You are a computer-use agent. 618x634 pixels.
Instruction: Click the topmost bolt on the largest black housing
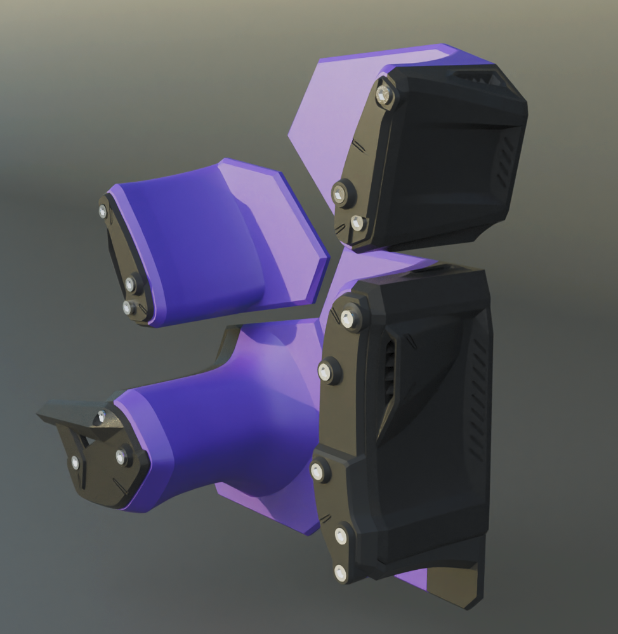(348, 318)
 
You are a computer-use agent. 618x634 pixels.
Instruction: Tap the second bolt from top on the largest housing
(326, 372)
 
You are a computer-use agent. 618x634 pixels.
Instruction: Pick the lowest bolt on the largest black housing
(341, 574)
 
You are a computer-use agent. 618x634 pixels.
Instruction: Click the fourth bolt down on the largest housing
(342, 537)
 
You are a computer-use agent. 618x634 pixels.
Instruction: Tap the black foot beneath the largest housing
(454, 584)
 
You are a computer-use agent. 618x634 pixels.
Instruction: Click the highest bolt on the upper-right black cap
(383, 95)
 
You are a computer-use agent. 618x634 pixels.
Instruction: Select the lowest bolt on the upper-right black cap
(357, 222)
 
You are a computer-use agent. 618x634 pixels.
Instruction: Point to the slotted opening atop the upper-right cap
(476, 79)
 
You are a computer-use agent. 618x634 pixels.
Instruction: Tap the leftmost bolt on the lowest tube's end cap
(76, 462)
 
